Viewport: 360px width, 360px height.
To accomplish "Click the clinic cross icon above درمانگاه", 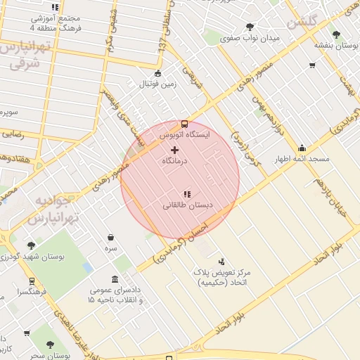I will (175, 150).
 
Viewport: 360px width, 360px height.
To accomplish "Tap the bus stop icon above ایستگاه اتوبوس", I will (184, 124).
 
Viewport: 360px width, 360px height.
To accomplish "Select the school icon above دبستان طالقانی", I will (186, 194).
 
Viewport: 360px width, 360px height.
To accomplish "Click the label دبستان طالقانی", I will (188, 206).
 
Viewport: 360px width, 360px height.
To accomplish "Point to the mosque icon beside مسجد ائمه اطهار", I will (302, 148).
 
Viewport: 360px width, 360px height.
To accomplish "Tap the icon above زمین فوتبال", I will (157, 73).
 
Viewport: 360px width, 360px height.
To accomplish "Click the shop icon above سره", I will (111, 238).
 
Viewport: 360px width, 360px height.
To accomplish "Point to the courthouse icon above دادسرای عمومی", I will (115, 279).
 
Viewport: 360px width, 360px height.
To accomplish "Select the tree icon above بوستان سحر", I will (50, 345).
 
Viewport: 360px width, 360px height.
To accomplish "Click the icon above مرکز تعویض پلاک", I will (222, 261).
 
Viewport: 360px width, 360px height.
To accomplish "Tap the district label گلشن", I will (302, 22).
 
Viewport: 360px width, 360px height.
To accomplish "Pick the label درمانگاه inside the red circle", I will (175, 161).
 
